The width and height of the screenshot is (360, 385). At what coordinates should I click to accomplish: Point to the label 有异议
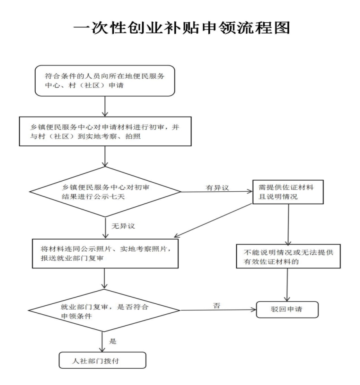tap(217, 188)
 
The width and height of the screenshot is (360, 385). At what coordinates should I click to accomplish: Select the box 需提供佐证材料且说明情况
tap(288, 192)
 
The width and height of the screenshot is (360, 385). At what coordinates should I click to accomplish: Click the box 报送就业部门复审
tap(105, 254)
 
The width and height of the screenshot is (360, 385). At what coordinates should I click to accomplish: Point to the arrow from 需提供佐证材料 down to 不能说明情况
tap(288, 224)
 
